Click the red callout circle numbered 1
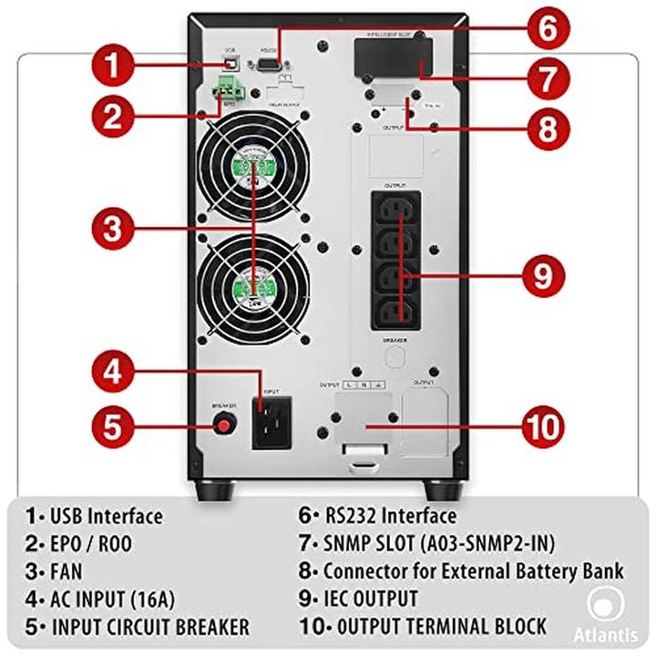click(x=113, y=66)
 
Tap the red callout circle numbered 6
click(x=546, y=27)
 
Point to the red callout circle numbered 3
click(x=113, y=228)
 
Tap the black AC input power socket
click(x=272, y=424)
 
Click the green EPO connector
click(x=230, y=88)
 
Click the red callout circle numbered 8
click(x=546, y=128)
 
